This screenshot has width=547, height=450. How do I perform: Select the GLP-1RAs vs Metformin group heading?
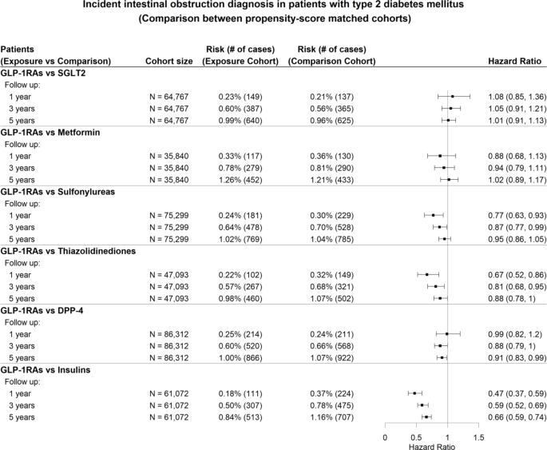(50, 133)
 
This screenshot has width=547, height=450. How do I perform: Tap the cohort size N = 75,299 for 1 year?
(168, 216)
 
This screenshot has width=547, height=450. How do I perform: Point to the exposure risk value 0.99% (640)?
(240, 121)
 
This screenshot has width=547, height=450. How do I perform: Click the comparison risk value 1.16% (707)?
(331, 417)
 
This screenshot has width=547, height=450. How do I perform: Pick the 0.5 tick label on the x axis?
(416, 438)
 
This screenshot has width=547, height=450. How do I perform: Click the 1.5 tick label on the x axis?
(478, 438)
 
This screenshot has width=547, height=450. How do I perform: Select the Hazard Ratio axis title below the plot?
(432, 447)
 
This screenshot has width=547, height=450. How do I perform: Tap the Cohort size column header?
(168, 62)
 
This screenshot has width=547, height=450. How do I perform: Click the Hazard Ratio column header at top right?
(514, 62)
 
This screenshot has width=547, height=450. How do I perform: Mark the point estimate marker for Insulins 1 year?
(414, 393)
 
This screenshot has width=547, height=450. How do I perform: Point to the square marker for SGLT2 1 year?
(453, 97)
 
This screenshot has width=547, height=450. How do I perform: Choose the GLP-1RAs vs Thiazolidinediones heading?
(68, 251)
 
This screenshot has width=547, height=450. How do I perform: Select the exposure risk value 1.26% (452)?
(240, 180)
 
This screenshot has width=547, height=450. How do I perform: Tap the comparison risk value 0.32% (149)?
(331, 275)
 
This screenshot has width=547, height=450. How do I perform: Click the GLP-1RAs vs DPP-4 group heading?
(42, 311)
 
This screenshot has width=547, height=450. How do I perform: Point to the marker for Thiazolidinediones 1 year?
(427, 275)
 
